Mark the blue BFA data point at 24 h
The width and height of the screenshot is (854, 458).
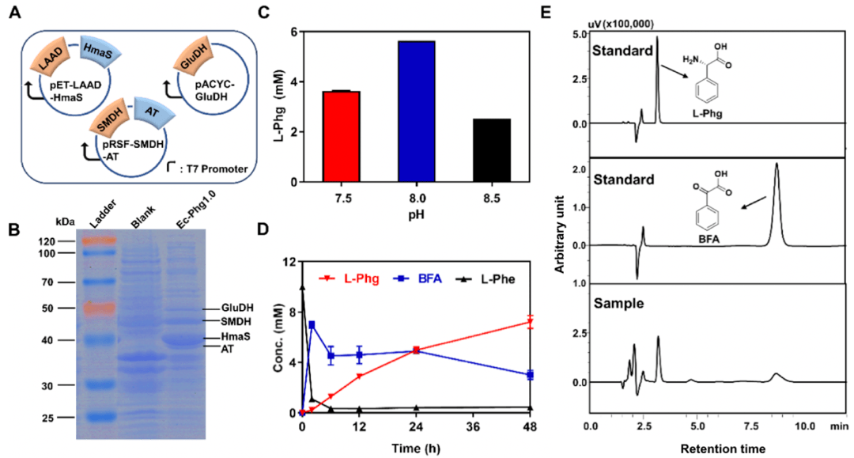pyautogui.click(x=416, y=350)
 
